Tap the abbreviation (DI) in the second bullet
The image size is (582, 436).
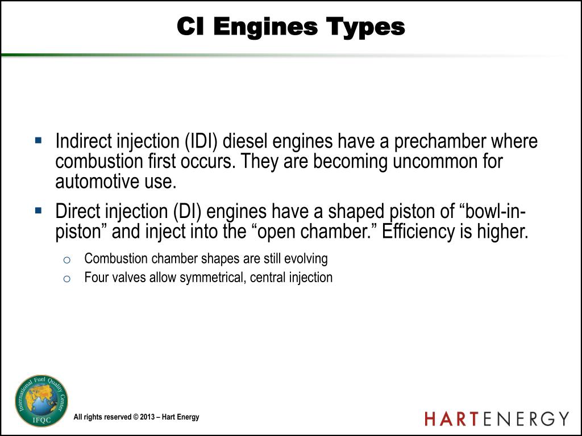[x=188, y=212]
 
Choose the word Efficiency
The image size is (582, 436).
[x=423, y=232]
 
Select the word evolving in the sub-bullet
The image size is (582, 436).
[x=306, y=259]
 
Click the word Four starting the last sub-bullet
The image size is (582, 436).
[x=95, y=278]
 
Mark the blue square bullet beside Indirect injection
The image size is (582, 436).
[x=39, y=140]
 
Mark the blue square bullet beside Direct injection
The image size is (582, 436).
[x=39, y=210]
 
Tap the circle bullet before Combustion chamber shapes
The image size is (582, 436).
[x=66, y=260]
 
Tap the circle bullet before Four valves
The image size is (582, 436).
[x=66, y=279]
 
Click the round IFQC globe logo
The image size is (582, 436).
[x=41, y=400]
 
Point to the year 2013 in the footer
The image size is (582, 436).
[x=147, y=417]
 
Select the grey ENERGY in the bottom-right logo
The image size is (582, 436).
[x=526, y=419]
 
